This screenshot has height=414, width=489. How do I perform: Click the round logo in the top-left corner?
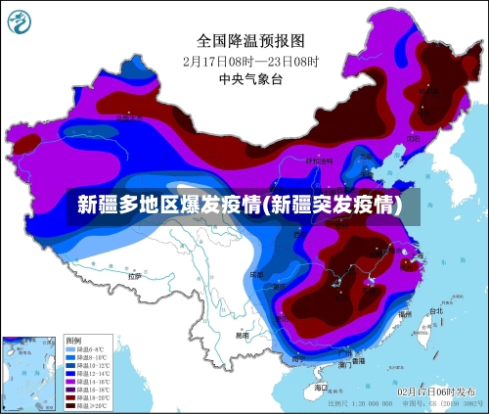[x=21, y=21]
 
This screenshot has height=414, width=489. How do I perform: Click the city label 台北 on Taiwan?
[x=435, y=311]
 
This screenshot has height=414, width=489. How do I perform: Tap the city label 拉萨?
[x=133, y=276]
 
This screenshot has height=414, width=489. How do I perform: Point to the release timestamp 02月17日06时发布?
[x=436, y=391]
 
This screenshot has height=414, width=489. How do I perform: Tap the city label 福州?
[x=404, y=314]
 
